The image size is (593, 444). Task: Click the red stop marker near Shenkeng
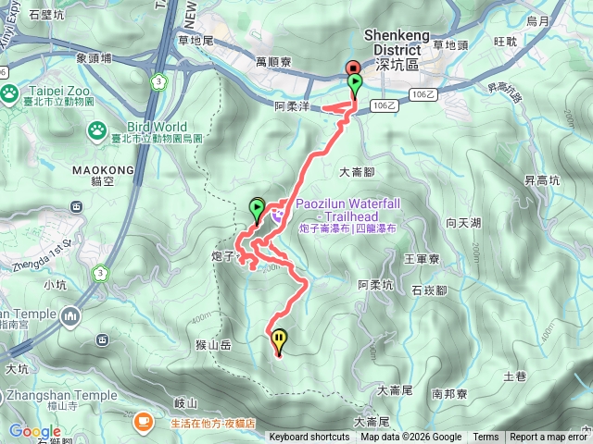pyautogui.click(x=352, y=68)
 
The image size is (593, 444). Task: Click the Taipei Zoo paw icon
pyautogui.click(x=10, y=92)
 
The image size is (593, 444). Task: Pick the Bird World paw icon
pyautogui.click(x=97, y=132)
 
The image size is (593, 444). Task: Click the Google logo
pyautogui.click(x=34, y=431)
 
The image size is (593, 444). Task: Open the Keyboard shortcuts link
pyautogui.click(x=309, y=438)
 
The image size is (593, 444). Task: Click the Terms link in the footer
pyautogui.click(x=486, y=438)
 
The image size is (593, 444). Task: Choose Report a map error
pyautogui.click(x=549, y=438)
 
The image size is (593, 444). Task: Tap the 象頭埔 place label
pyautogui.click(x=95, y=57)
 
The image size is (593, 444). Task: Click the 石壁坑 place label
pyautogui.click(x=46, y=16)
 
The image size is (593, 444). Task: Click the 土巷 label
pyautogui.click(x=514, y=376)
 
